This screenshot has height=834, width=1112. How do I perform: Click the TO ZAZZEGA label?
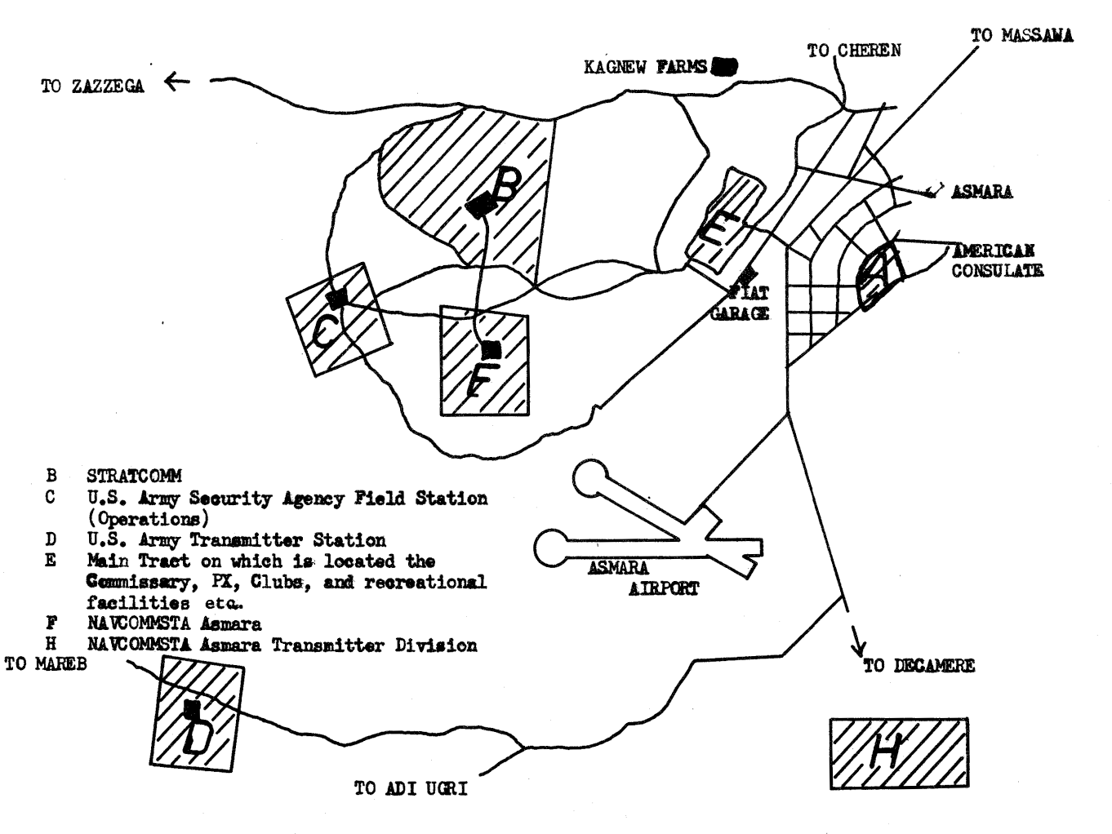pyautogui.click(x=92, y=87)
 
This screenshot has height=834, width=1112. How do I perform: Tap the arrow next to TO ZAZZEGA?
pyautogui.click(x=176, y=81)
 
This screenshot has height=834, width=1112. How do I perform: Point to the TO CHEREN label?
pyautogui.click(x=854, y=51)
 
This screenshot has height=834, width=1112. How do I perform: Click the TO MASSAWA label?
pyautogui.click(x=1021, y=36)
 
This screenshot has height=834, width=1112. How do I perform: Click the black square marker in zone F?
pyautogui.click(x=491, y=349)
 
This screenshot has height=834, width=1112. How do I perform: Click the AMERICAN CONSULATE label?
pyautogui.click(x=996, y=261)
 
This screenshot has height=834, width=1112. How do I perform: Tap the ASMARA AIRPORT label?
pyautogui.click(x=642, y=578)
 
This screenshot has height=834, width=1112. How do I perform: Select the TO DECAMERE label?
pyautogui.click(x=919, y=666)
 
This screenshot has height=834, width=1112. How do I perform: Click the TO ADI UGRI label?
pyautogui.click(x=411, y=789)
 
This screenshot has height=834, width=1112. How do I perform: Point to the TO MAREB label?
pyautogui.click(x=46, y=663)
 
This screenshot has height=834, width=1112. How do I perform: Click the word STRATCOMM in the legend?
pyautogui.click(x=134, y=476)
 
